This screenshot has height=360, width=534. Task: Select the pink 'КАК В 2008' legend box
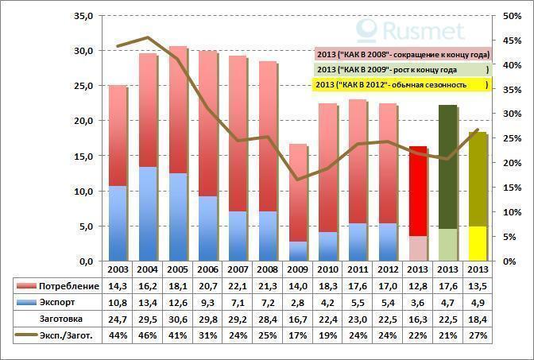coord(402,54)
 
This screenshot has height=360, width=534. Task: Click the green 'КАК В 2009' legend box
coord(402,69)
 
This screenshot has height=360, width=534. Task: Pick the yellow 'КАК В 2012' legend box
coord(402,84)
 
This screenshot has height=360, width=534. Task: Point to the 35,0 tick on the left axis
coord(83,16)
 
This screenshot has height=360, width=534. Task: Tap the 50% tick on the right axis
coord(513,16)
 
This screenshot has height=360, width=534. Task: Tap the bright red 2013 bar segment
coord(419,191)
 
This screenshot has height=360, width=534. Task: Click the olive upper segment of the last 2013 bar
coord(478,179)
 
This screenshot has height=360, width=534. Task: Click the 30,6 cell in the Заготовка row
coord(177,319)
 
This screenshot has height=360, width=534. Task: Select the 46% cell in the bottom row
coord(148,336)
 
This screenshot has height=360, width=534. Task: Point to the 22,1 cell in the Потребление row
coord(238,286)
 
